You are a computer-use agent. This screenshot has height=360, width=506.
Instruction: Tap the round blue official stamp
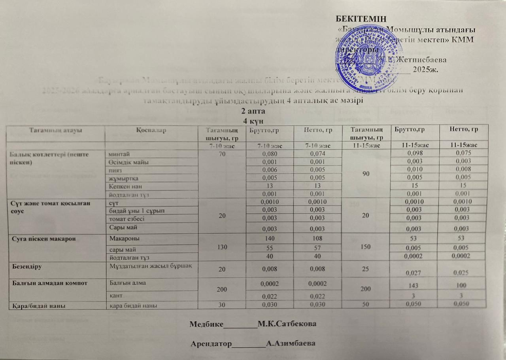tap(369, 55)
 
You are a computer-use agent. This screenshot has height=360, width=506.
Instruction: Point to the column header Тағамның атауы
tap(55, 130)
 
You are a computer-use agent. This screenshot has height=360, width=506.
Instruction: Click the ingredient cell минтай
tap(118, 153)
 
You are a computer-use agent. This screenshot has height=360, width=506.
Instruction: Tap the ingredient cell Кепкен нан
tap(124, 186)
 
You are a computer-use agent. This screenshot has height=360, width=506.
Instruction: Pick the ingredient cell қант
tap(116, 295)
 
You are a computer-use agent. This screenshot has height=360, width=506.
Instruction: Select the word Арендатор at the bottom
tap(211, 343)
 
